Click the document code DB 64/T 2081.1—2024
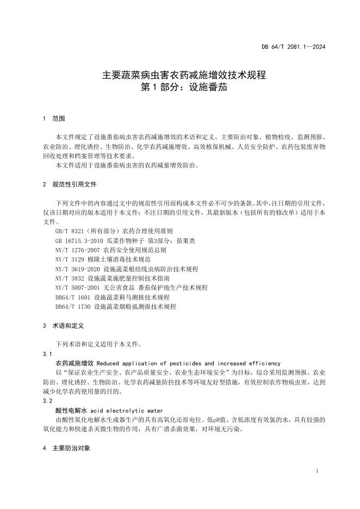tap(293, 47)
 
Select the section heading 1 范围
tap(54, 118)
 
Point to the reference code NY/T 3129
tap(70, 259)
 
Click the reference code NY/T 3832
tap(70, 278)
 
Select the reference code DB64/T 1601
tap(73, 297)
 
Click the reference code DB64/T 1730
tap(73, 307)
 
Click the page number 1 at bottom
tap(316, 470)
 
